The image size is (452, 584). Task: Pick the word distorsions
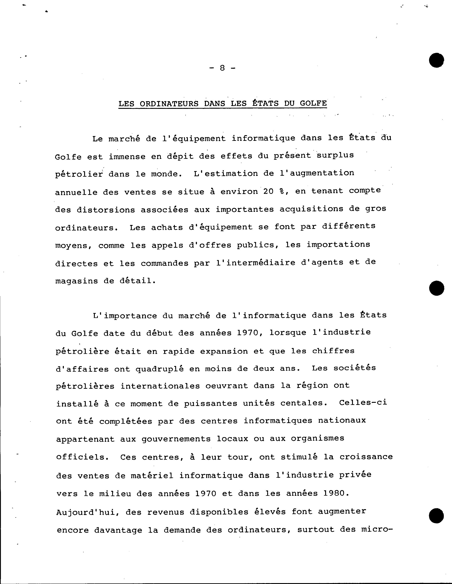pos(106,210)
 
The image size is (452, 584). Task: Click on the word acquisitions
pos(311,209)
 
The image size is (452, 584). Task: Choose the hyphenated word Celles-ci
pos(363,402)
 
